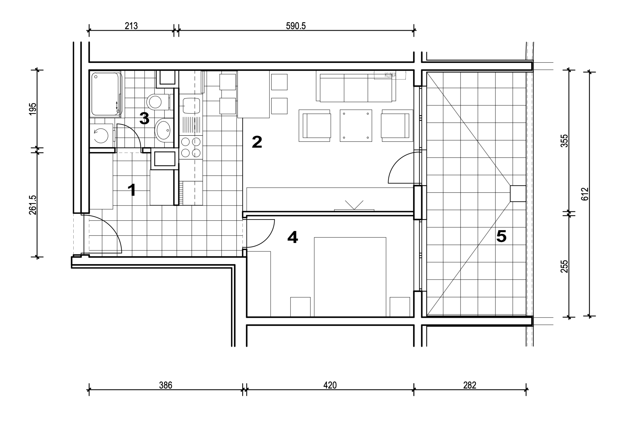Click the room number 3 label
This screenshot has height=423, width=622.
tap(144, 118)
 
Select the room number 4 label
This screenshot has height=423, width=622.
tap(293, 237)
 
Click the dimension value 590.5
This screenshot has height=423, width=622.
tap(296, 26)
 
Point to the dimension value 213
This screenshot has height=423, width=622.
tap(131, 26)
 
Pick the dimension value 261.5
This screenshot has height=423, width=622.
tap(32, 205)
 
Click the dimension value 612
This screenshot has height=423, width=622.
tap(585, 194)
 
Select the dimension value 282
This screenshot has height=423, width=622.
tap(470, 385)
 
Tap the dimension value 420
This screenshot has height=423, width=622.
tap(330, 385)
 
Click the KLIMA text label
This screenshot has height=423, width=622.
tap(390, 75)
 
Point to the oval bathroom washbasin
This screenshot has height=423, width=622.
tap(164, 130)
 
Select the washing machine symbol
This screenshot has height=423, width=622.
tap(101, 135)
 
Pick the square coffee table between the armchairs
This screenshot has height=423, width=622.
tap(356, 126)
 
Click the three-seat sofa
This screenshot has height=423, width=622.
tap(356, 86)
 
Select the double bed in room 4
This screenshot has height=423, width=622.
tap(350, 277)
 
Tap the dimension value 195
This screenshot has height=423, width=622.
tap(32, 109)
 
